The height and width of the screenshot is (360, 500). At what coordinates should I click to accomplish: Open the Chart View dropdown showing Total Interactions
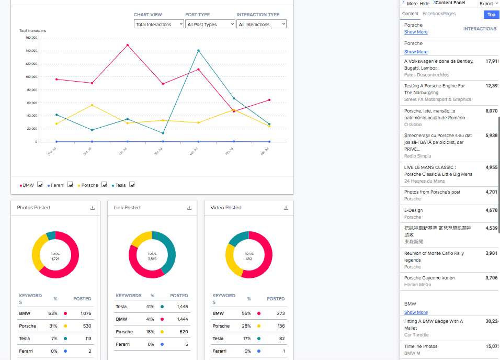point(158,24)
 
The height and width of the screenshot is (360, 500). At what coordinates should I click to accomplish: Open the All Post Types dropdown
point(210,24)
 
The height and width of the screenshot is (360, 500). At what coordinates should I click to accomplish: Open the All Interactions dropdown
point(261,24)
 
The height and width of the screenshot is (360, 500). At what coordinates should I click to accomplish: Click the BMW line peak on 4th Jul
point(127,45)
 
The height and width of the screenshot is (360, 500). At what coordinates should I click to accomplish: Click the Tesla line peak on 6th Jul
point(198,51)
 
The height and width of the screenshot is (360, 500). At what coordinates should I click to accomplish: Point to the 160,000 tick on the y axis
point(31,38)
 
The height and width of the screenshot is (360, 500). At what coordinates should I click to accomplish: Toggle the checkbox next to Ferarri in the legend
point(70,185)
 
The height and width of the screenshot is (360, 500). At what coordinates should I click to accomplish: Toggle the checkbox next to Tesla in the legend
point(132,185)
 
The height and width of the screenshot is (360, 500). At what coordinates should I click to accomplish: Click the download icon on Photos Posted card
point(93,208)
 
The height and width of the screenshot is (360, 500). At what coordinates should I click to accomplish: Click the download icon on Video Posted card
point(286,208)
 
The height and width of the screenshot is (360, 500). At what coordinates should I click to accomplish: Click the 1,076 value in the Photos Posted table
point(85,313)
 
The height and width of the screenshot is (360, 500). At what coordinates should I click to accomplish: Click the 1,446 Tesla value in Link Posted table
point(182,307)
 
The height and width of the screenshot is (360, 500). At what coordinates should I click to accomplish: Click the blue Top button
point(491,15)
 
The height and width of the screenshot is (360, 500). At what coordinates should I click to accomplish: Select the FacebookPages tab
point(439,14)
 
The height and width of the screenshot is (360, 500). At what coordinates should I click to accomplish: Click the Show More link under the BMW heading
point(416,312)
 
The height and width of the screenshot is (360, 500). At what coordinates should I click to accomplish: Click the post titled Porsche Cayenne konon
point(429,278)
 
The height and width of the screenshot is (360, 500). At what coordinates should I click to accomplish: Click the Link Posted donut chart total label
point(152,256)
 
